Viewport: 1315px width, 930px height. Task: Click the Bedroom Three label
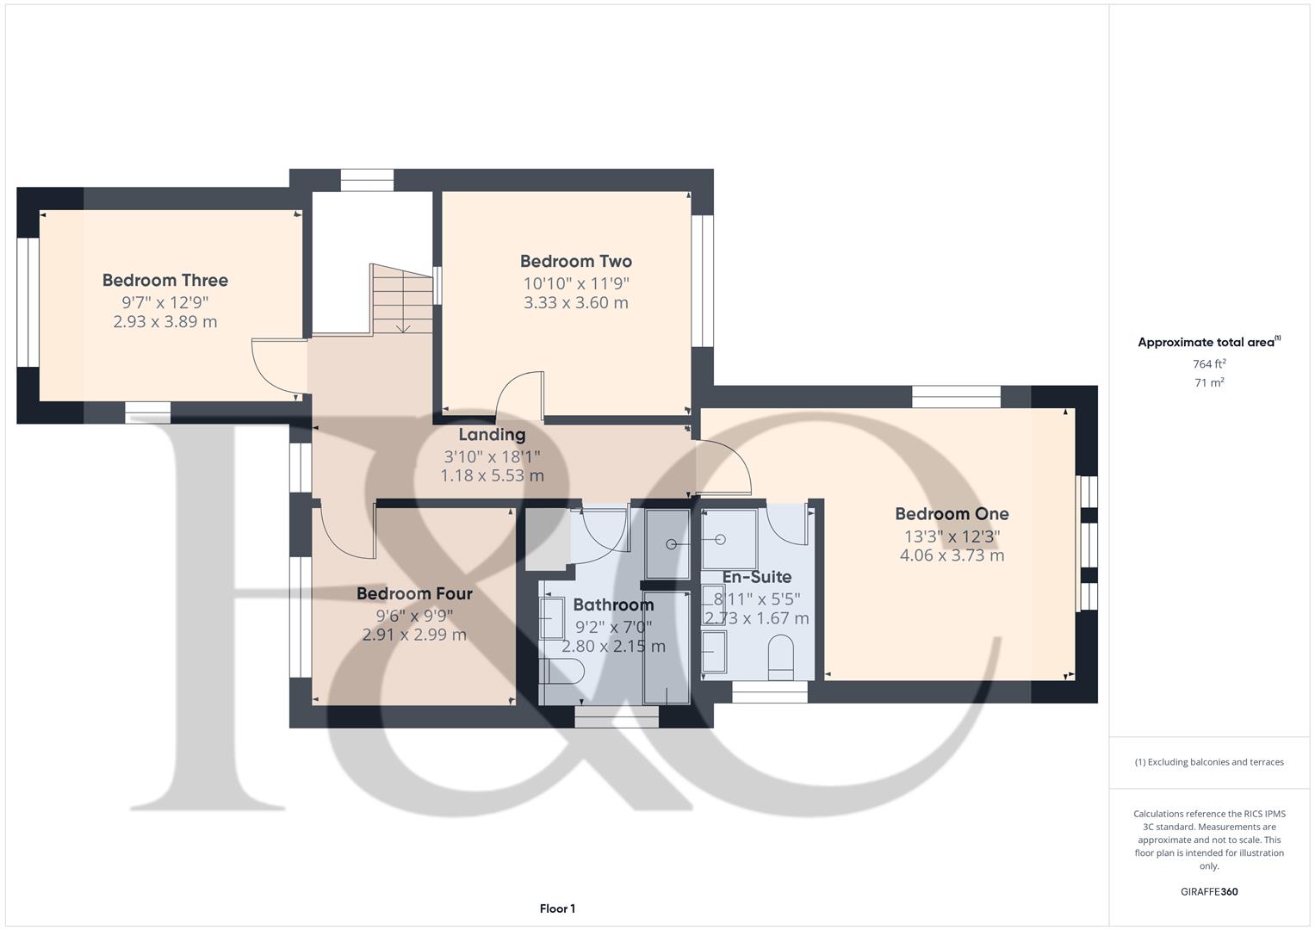pyautogui.click(x=165, y=280)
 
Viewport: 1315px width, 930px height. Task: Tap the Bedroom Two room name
pyautogui.click(x=576, y=261)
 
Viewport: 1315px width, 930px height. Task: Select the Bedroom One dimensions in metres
pyautogui.click(x=952, y=555)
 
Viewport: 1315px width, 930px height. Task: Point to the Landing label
pyautogui.click(x=492, y=435)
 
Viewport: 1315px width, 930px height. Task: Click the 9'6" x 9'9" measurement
pyautogui.click(x=414, y=616)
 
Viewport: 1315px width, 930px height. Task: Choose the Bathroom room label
pyautogui.click(x=613, y=604)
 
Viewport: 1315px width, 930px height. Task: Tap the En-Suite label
pyautogui.click(x=757, y=577)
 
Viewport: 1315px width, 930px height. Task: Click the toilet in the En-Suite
pyautogui.click(x=781, y=657)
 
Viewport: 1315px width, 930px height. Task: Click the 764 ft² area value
pyautogui.click(x=1209, y=364)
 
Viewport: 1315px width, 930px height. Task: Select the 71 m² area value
pyautogui.click(x=1209, y=383)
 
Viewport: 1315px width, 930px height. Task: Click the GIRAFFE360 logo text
pyautogui.click(x=1209, y=892)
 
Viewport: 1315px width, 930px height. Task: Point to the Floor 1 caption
pyautogui.click(x=558, y=908)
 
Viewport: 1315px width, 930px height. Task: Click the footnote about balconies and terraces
pyautogui.click(x=1209, y=762)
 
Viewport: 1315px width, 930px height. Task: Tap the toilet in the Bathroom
pyautogui.click(x=561, y=671)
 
